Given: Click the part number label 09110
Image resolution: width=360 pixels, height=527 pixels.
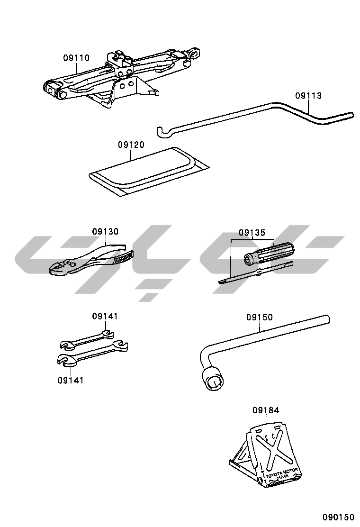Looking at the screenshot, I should [x=76, y=58].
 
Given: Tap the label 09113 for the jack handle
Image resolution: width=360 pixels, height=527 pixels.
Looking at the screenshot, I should [x=308, y=96].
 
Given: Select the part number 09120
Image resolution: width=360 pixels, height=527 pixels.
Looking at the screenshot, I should [x=131, y=145].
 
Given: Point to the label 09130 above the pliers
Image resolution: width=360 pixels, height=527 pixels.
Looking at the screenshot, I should [x=105, y=231].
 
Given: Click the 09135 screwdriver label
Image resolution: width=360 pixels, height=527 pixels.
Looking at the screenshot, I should [x=252, y=233].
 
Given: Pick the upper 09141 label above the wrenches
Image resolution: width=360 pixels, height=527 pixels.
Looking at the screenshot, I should [x=105, y=316].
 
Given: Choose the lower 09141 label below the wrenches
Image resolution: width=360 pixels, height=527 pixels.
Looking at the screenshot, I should [x=71, y=380].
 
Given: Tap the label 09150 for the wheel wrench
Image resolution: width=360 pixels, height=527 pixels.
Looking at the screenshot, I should [x=259, y=317].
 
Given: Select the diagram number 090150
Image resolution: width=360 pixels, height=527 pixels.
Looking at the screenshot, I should [x=339, y=516].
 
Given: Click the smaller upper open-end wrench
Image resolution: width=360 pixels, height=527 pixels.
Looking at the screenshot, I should [x=88, y=339].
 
